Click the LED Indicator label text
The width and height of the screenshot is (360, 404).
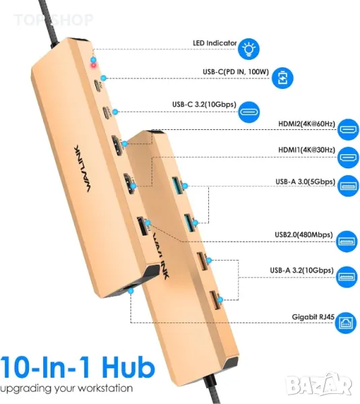click(x=214, y=43)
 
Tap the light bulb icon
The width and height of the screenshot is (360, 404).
click(x=248, y=48)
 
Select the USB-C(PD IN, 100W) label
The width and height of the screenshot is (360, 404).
click(x=236, y=71)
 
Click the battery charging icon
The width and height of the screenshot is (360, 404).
click(x=282, y=78)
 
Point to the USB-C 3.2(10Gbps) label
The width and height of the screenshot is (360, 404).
click(x=204, y=104)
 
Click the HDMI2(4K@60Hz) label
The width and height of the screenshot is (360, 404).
click(x=307, y=124)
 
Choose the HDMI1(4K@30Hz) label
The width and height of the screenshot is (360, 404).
click(x=307, y=150)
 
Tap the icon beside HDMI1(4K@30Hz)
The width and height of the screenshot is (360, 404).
click(x=348, y=158)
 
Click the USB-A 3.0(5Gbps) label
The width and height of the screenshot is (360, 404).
click(x=305, y=182)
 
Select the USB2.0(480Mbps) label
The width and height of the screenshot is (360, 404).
click(x=303, y=235)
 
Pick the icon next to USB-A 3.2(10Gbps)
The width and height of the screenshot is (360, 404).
click(x=347, y=277)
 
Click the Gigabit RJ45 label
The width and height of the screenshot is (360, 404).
click(x=313, y=316)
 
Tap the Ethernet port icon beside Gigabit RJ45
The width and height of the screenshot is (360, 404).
click(x=346, y=323)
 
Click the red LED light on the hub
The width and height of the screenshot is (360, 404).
click(x=93, y=65)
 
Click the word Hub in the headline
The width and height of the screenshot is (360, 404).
click(x=128, y=368)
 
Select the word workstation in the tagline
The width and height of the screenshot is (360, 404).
click(x=105, y=388)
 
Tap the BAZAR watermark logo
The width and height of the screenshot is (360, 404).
click(x=320, y=385)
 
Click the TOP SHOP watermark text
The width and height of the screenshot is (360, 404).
click(x=53, y=20)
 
